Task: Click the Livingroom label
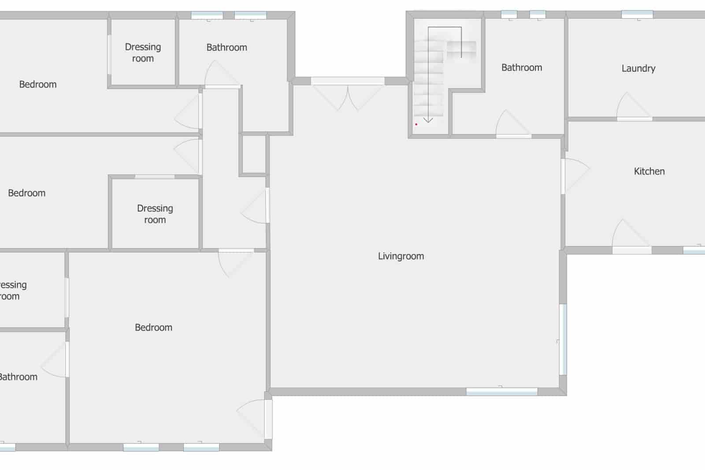coord(401,256)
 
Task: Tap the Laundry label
coord(638,68)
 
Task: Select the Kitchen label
coord(649,172)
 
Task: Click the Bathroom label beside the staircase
coord(522,67)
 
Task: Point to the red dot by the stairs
coord(416,124)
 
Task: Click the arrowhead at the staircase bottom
coord(428,120)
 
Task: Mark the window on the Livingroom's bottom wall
coord(502,391)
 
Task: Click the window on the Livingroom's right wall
coord(563,339)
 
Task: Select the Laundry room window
coord(637,15)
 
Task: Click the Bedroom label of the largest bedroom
coord(153,328)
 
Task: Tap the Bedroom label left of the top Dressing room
coord(38,85)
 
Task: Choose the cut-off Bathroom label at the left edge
coord(18,377)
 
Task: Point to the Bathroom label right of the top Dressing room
coord(226,48)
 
